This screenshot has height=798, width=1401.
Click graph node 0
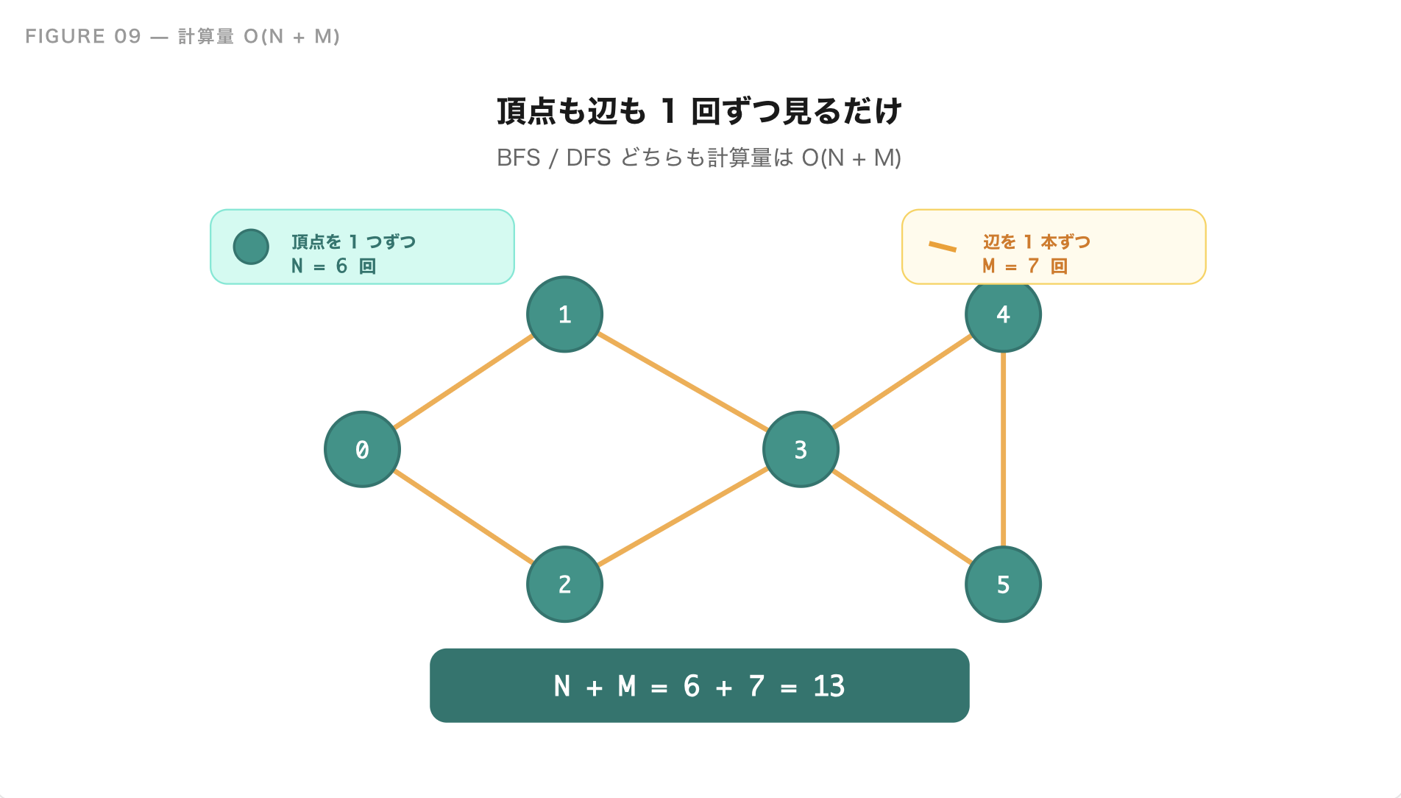click(x=362, y=449)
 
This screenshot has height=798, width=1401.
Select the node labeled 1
click(x=564, y=314)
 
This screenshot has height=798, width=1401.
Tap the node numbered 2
click(x=564, y=584)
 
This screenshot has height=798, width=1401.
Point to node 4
click(x=1003, y=315)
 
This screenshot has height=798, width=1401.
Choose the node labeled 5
click(x=1003, y=585)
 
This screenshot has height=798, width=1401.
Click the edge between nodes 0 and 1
click(x=464, y=381)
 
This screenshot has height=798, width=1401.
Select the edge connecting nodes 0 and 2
click(x=464, y=517)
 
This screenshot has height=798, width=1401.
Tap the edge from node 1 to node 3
click(x=683, y=382)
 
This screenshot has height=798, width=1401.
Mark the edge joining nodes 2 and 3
click(x=683, y=517)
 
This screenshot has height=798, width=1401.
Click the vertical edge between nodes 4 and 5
click(x=1003, y=450)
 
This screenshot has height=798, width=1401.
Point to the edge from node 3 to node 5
click(x=902, y=517)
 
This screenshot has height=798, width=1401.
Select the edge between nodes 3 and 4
click(x=902, y=382)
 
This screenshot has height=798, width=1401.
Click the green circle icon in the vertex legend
click(x=251, y=247)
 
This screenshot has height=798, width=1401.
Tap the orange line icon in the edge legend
click(x=943, y=247)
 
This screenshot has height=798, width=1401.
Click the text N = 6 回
click(x=333, y=266)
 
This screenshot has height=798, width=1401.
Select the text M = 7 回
click(x=1024, y=266)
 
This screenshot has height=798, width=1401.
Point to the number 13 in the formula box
click(x=829, y=686)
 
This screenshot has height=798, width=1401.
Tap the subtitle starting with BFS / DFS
click(x=699, y=158)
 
